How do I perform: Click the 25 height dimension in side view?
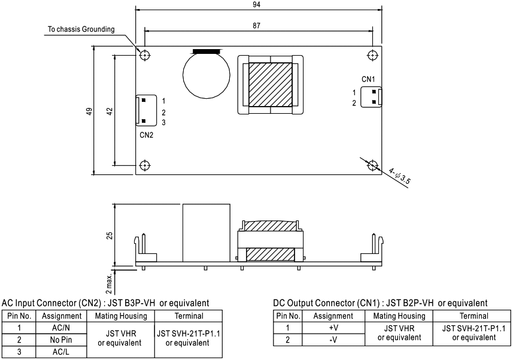pos(109,233)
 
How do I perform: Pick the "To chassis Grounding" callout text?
pos(81,30)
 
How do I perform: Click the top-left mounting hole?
pos(144,55)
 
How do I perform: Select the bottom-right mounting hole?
pos(372,165)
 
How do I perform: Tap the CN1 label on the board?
pos(368,78)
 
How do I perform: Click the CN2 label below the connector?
pos(147,135)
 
